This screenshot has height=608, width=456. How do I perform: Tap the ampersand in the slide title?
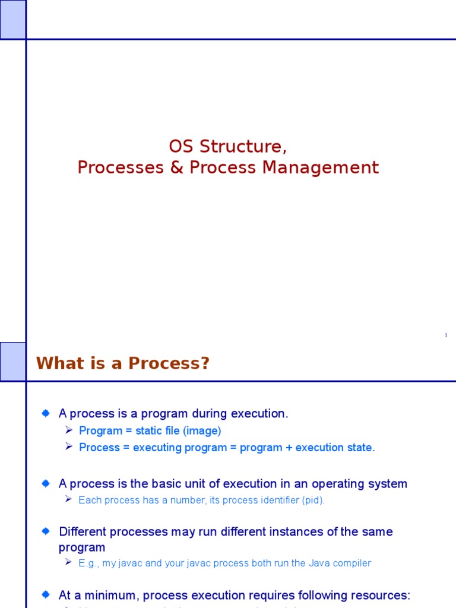pyautogui.click(x=176, y=168)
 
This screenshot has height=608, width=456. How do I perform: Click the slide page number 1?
pyautogui.click(x=445, y=336)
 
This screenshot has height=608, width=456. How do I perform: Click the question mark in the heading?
pyautogui.click(x=205, y=363)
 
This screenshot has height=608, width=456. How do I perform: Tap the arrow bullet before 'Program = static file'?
pyautogui.click(x=68, y=430)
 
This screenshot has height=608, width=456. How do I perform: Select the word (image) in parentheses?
pyautogui.click(x=202, y=431)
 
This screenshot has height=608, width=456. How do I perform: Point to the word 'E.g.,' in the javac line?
pyautogui.click(x=89, y=563)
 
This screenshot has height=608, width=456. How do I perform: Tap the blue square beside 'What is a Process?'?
pyautogui.click(x=12, y=361)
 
